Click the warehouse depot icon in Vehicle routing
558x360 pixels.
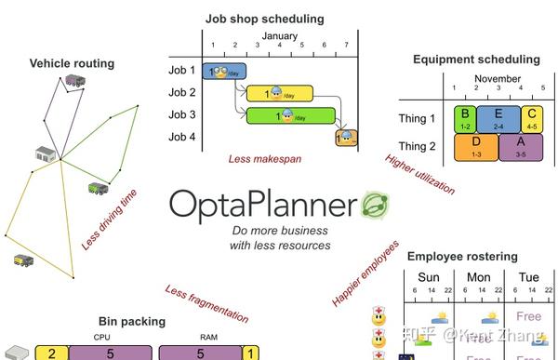pyautogui.click(x=46, y=153)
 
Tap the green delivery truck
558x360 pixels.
pyautogui.click(x=98, y=189)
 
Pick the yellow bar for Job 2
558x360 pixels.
pyautogui.click(x=279, y=93)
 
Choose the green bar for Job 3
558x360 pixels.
pyautogui.click(x=289, y=115)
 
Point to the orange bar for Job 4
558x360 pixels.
pyautogui.click(x=346, y=138)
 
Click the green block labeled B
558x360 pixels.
pyautogui.click(x=463, y=117)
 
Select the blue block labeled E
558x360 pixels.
pyautogui.click(x=498, y=117)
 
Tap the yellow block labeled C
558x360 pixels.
pyautogui.click(x=531, y=117)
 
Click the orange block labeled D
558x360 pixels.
pyautogui.click(x=475, y=146)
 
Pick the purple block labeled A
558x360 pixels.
pyautogui.click(x=520, y=146)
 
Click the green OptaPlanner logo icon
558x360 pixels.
pyautogui.click(x=374, y=204)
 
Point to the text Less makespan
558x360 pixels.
pyautogui.click(x=264, y=159)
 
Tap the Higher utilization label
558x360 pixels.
pyautogui.click(x=419, y=174)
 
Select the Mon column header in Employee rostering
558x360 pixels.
pyautogui.click(x=479, y=277)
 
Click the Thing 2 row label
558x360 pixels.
pyautogui.click(x=417, y=146)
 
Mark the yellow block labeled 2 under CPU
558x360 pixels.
pyautogui.click(x=52, y=353)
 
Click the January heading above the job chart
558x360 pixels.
pyautogui.click(x=279, y=36)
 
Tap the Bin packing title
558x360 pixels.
pyautogui.click(x=132, y=322)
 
